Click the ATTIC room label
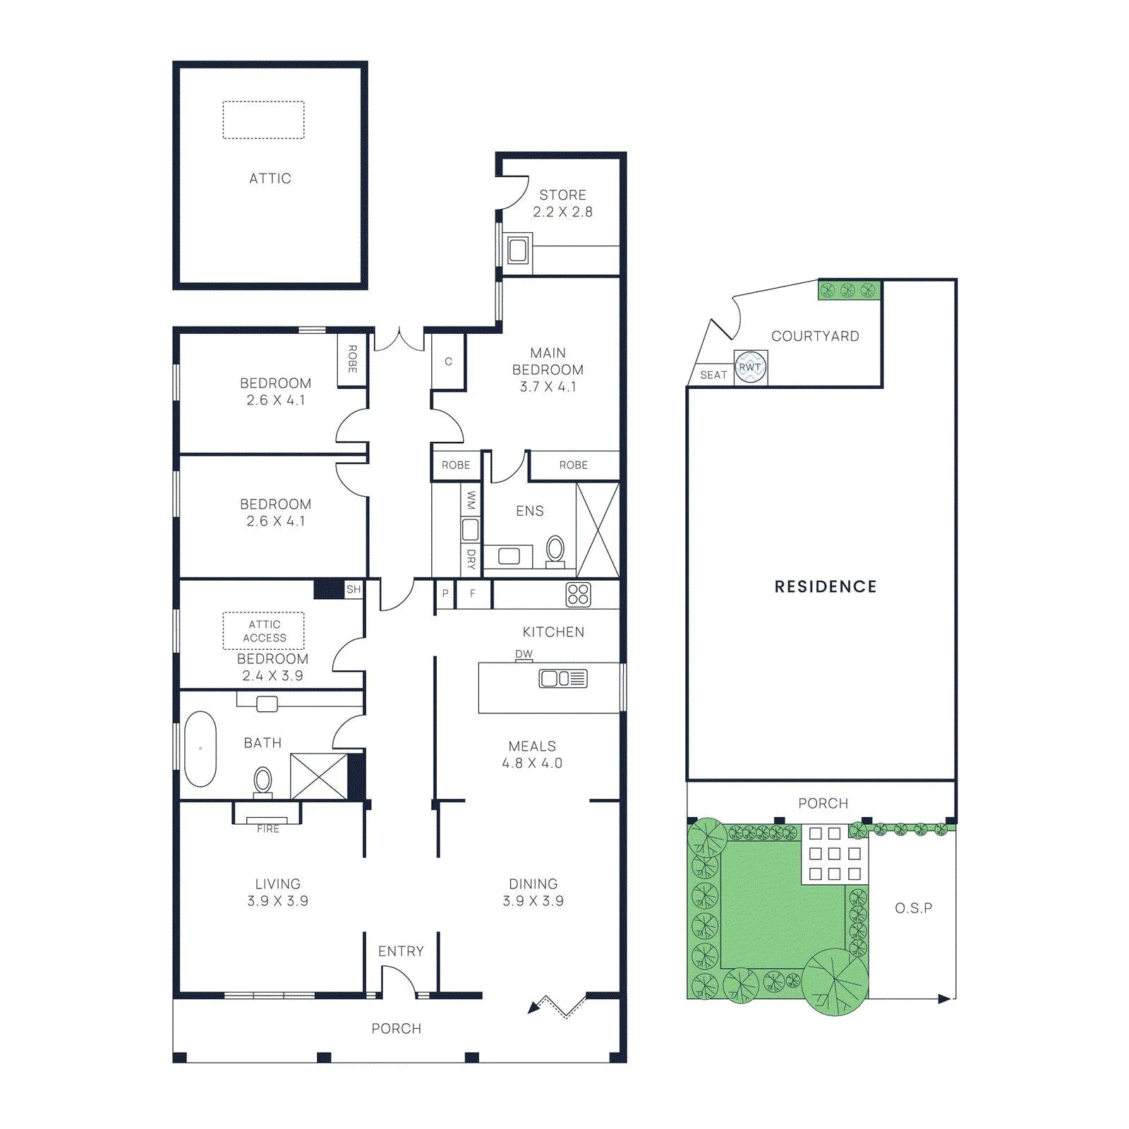(x=270, y=179)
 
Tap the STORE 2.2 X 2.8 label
(x=562, y=203)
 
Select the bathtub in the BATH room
(x=200, y=749)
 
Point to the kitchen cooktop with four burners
(x=578, y=594)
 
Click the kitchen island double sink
(x=563, y=679)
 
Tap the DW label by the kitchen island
(x=524, y=654)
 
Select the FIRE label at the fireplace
(x=268, y=829)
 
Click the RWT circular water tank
(x=750, y=367)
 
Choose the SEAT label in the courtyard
(x=713, y=375)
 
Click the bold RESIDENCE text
(x=826, y=586)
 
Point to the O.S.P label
(x=914, y=908)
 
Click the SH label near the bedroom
(x=354, y=589)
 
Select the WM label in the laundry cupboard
(x=471, y=501)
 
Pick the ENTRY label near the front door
(x=401, y=951)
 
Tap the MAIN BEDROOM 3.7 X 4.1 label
(x=548, y=370)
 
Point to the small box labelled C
(x=448, y=361)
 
